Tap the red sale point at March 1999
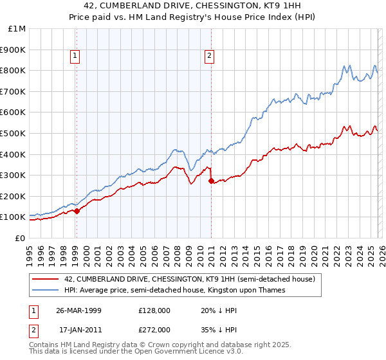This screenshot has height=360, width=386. click(77, 211)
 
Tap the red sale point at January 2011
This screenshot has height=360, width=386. click(211, 181)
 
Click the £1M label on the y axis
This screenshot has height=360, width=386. click(17, 29)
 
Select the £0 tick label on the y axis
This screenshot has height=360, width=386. click(20, 238)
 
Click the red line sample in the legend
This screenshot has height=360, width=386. click(46, 279)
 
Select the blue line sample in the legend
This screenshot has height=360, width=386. click(46, 290)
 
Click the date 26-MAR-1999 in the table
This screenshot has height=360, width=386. click(78, 310)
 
